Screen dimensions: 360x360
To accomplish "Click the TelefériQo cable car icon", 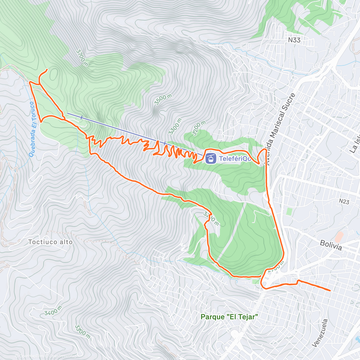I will point(211,158).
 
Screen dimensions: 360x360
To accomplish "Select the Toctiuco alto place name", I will point(50,242).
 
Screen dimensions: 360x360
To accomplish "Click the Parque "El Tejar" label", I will point(229,317).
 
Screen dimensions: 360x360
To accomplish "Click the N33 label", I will point(294,40).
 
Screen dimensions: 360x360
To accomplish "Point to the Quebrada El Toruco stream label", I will point(33,129).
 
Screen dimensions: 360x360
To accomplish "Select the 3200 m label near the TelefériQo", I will point(199,128).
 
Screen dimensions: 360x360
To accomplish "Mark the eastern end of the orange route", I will point(330,290).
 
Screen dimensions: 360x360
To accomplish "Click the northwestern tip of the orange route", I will point(47,70).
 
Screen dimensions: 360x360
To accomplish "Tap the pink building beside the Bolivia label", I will point(339,237).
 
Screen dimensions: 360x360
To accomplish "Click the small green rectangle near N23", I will point(289,211).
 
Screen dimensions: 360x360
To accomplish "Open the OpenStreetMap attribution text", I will point(63,356).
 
